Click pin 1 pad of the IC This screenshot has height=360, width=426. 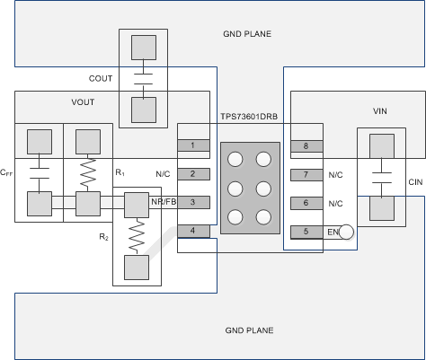click(193, 145)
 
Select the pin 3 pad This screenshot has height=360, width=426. click(193, 202)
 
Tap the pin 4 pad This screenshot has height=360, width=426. click(193, 231)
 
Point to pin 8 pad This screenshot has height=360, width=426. click(306, 146)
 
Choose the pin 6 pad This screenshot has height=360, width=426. click(306, 203)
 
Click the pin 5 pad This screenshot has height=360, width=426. click(306, 232)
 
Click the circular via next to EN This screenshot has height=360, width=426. click(346, 232)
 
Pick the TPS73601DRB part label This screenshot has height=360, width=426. click(249, 117)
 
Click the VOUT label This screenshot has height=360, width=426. click(83, 102)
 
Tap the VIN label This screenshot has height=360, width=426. click(380, 111)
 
